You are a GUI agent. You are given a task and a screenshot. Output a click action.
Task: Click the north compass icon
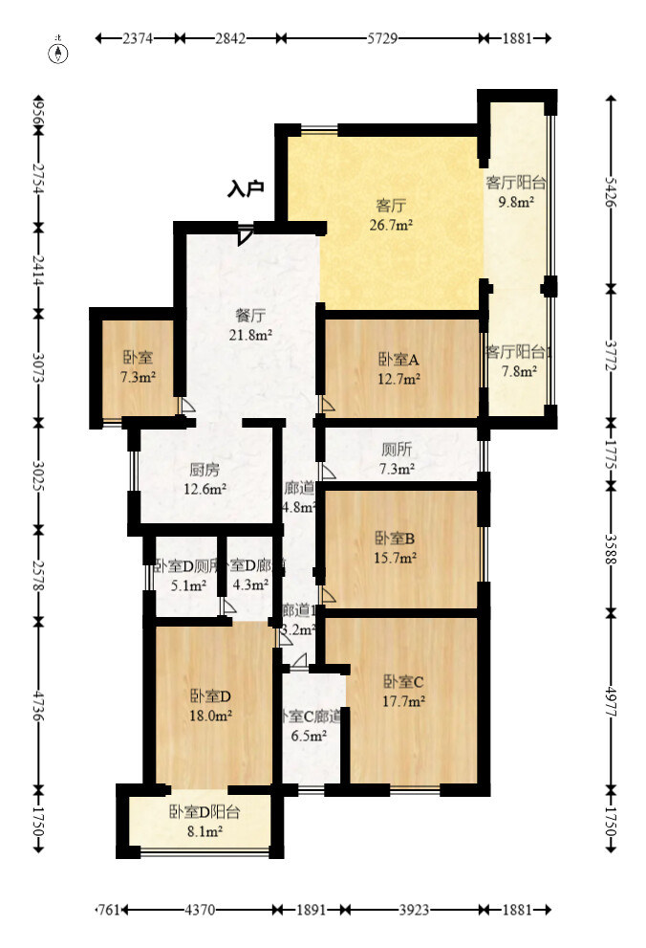58,52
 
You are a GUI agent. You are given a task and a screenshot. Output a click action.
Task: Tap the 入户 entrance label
246,188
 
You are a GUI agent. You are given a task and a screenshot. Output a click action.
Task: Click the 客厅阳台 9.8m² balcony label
516,191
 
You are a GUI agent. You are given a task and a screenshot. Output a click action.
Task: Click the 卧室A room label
398,359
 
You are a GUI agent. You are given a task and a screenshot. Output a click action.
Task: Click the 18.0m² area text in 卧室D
211,714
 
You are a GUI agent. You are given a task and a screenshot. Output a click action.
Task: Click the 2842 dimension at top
230,38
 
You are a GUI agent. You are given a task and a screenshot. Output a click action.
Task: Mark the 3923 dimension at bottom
413,911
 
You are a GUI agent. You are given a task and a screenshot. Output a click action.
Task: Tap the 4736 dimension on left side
38,703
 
